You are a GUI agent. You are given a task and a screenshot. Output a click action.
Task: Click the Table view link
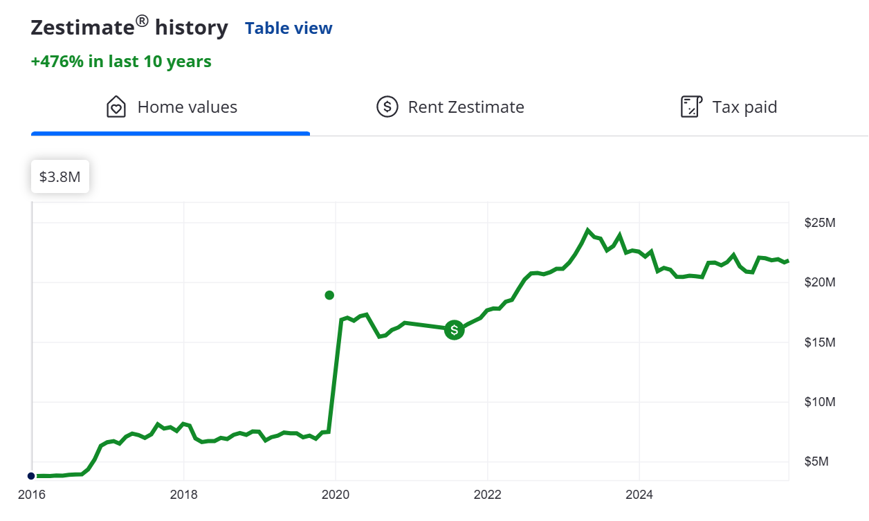(x=289, y=28)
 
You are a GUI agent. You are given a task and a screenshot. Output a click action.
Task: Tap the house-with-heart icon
(x=116, y=107)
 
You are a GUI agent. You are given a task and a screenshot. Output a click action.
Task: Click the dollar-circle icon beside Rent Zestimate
(x=387, y=107)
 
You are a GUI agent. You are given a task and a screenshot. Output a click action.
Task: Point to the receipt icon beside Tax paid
(x=691, y=107)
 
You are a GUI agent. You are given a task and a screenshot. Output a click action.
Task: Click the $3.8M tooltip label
(x=60, y=177)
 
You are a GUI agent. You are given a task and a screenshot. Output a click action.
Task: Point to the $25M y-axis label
(x=820, y=223)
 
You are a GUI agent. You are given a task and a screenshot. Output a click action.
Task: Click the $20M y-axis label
(x=820, y=283)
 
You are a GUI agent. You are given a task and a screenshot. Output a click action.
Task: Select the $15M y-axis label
(x=820, y=342)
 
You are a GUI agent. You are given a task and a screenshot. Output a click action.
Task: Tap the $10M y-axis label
(x=820, y=402)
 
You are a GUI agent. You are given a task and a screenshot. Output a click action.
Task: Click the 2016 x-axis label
(x=31, y=495)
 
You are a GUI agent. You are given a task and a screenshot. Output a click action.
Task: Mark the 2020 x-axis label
(x=336, y=495)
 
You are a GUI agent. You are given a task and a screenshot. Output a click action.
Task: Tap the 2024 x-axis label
(x=640, y=495)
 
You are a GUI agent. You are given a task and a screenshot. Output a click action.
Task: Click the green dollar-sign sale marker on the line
(x=454, y=330)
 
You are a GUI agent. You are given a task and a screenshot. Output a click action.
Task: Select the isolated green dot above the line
(x=329, y=295)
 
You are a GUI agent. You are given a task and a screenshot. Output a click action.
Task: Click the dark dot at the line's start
(x=31, y=476)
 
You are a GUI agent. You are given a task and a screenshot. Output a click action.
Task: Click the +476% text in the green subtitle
(x=57, y=62)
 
